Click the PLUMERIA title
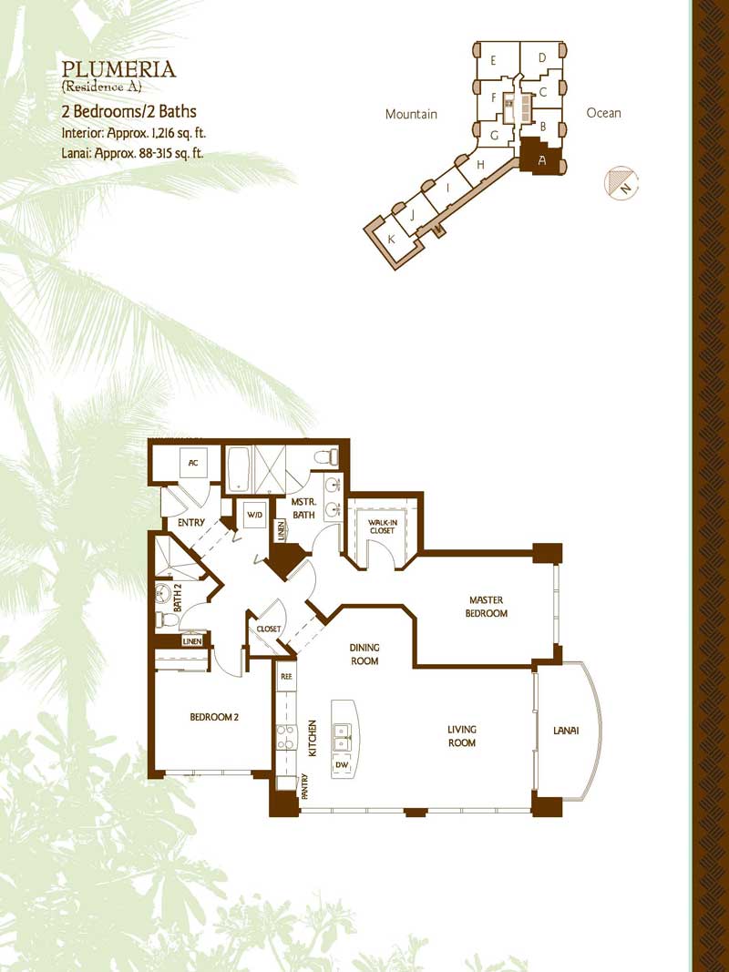(x=119, y=69)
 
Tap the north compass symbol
(x=621, y=183)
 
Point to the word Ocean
(x=603, y=113)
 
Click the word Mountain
(x=411, y=114)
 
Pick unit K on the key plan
(x=392, y=239)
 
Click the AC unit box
(x=193, y=463)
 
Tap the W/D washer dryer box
(x=254, y=515)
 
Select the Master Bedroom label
(x=488, y=607)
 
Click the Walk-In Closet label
(x=382, y=527)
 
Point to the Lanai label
(x=566, y=731)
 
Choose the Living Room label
(x=462, y=736)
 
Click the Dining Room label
(x=364, y=655)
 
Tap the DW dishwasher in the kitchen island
(x=342, y=766)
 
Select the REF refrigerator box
(x=286, y=677)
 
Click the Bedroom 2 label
(x=214, y=717)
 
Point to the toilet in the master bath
(x=327, y=457)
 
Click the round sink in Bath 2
(x=163, y=593)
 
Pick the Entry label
(x=191, y=523)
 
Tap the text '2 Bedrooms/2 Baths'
(x=128, y=111)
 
